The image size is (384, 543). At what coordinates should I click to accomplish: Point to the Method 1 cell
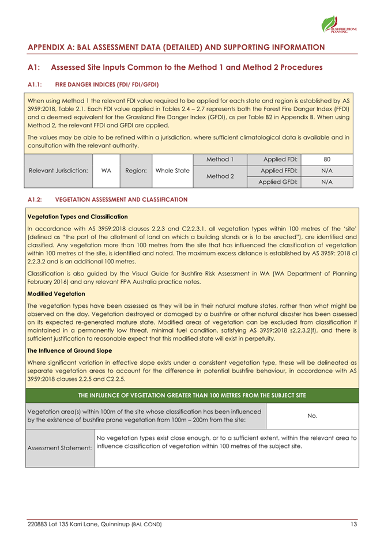220,159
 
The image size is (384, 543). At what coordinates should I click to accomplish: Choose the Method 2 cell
220,176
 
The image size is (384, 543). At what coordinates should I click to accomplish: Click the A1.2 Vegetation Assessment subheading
107,199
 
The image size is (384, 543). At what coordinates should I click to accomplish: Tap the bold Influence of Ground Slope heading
66,349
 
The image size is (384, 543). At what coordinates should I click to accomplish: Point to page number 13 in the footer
353,524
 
